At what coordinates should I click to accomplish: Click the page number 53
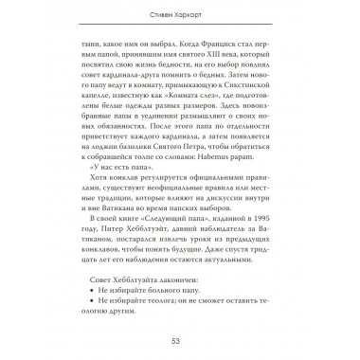tap(179, 340)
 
